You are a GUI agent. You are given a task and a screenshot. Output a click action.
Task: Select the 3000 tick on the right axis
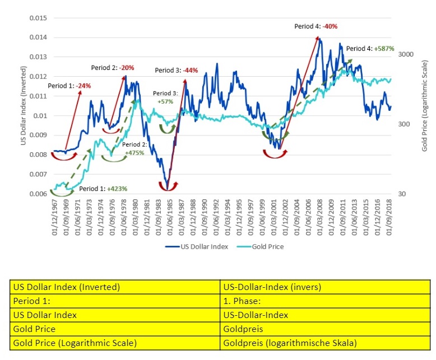point(404,54)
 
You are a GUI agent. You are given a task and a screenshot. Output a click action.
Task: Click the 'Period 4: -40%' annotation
point(317,26)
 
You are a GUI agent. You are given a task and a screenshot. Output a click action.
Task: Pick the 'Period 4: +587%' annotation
point(370,49)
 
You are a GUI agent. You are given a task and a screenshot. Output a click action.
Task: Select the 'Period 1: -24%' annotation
point(69,86)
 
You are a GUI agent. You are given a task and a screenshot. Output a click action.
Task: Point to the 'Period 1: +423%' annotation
point(103,189)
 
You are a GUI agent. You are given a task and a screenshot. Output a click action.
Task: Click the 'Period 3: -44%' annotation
point(177,71)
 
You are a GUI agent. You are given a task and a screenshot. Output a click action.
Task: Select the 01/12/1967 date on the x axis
point(54,216)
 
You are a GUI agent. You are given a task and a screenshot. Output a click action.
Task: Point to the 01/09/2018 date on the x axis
point(390,216)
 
